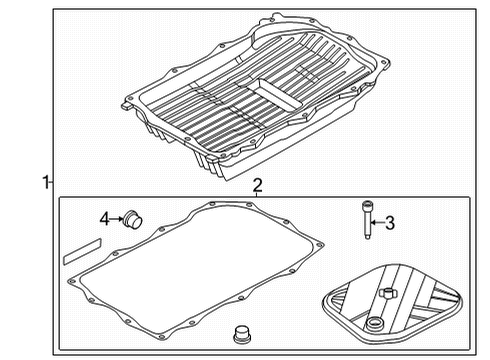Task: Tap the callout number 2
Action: [x=257, y=185]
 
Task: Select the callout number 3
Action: [x=391, y=223]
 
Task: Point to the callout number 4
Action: [x=104, y=219]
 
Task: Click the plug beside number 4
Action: [x=131, y=219]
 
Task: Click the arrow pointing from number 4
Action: [x=116, y=219]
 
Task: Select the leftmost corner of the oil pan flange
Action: [x=121, y=101]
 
